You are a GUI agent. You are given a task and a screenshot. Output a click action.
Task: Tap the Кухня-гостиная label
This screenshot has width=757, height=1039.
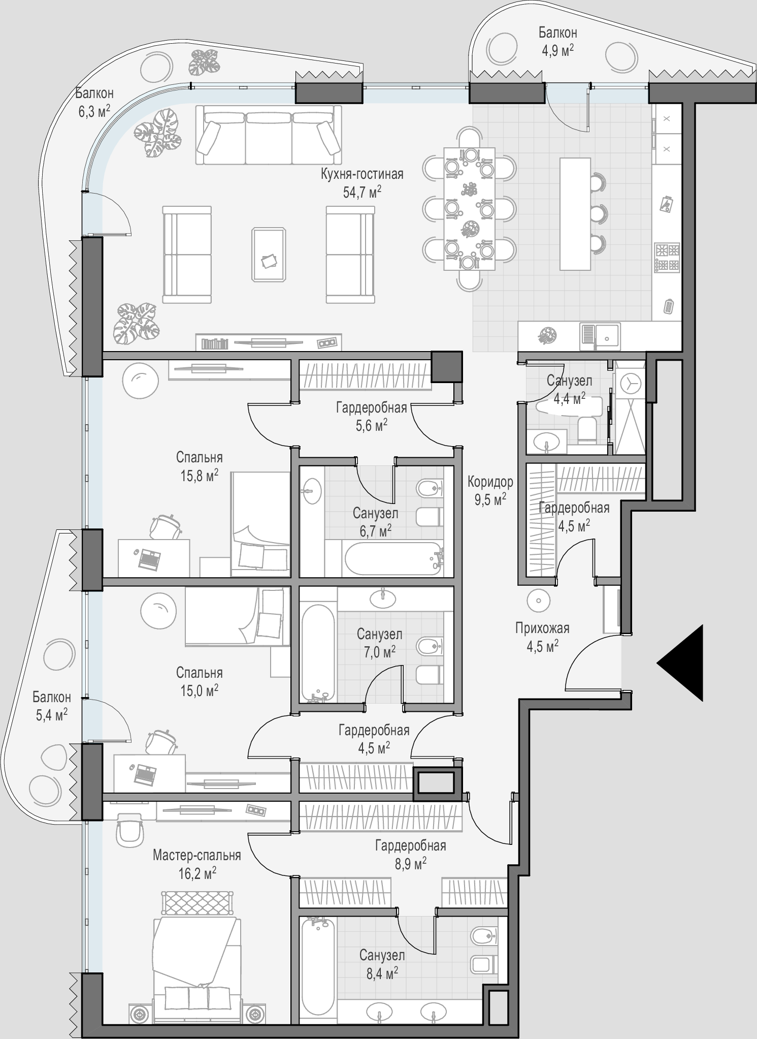tap(362, 174)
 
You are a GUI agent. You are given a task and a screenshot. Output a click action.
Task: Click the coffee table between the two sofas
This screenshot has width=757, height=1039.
tap(269, 254)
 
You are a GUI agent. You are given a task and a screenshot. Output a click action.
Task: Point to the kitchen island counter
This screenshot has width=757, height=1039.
tap(575, 214)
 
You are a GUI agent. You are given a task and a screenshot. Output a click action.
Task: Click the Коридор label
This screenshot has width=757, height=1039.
tap(490, 481)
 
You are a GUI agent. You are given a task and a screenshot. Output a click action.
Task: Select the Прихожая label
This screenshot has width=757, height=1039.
tap(542, 628)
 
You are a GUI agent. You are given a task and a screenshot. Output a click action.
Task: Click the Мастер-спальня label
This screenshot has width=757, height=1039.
tap(197, 856)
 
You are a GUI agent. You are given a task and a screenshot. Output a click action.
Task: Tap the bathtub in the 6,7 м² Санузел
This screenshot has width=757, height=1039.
tap(393, 558)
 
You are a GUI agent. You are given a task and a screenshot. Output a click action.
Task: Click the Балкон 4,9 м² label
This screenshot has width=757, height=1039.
tap(557, 41)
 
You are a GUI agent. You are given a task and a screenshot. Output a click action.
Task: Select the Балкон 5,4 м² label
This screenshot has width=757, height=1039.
tap(51, 706)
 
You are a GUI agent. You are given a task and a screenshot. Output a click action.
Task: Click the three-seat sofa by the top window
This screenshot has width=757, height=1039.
tap(268, 135)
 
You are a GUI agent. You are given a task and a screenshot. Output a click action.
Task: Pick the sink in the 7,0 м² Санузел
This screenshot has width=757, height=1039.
tap(383, 599)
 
